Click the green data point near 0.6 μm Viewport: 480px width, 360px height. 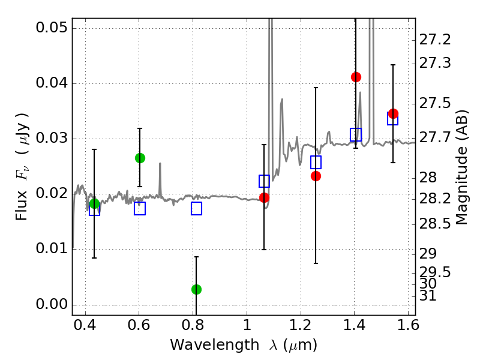140,158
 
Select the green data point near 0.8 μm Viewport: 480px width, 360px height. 197,289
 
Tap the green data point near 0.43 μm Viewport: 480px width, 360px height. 95,203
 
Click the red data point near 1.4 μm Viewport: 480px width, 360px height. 356,77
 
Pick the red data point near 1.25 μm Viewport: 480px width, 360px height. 316,176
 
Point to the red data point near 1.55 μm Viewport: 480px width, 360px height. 393,113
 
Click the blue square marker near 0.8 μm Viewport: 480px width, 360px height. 197,208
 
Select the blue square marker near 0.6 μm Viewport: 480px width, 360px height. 140,208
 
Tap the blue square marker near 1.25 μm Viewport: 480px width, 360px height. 316,162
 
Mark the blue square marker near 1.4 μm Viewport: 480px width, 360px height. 356,134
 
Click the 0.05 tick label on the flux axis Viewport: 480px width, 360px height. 52,28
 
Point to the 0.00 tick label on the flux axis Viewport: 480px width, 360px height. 52,304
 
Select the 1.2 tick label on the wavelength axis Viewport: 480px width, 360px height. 301,325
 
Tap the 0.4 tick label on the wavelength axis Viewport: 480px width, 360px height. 85,325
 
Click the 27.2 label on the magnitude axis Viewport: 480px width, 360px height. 435,40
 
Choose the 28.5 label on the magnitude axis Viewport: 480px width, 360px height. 435,223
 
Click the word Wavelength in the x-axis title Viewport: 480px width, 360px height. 215,345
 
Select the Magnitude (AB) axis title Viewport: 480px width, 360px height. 462,167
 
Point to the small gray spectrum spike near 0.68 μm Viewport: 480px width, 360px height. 160,181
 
